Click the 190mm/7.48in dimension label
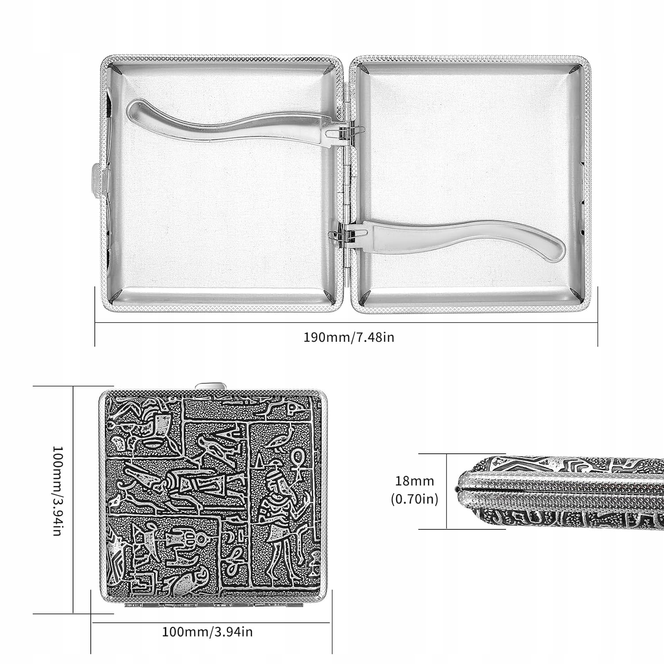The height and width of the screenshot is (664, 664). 349,337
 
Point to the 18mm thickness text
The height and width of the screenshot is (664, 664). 415,480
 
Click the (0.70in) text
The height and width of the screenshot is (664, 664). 415,499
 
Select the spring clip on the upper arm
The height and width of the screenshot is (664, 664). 336,131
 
